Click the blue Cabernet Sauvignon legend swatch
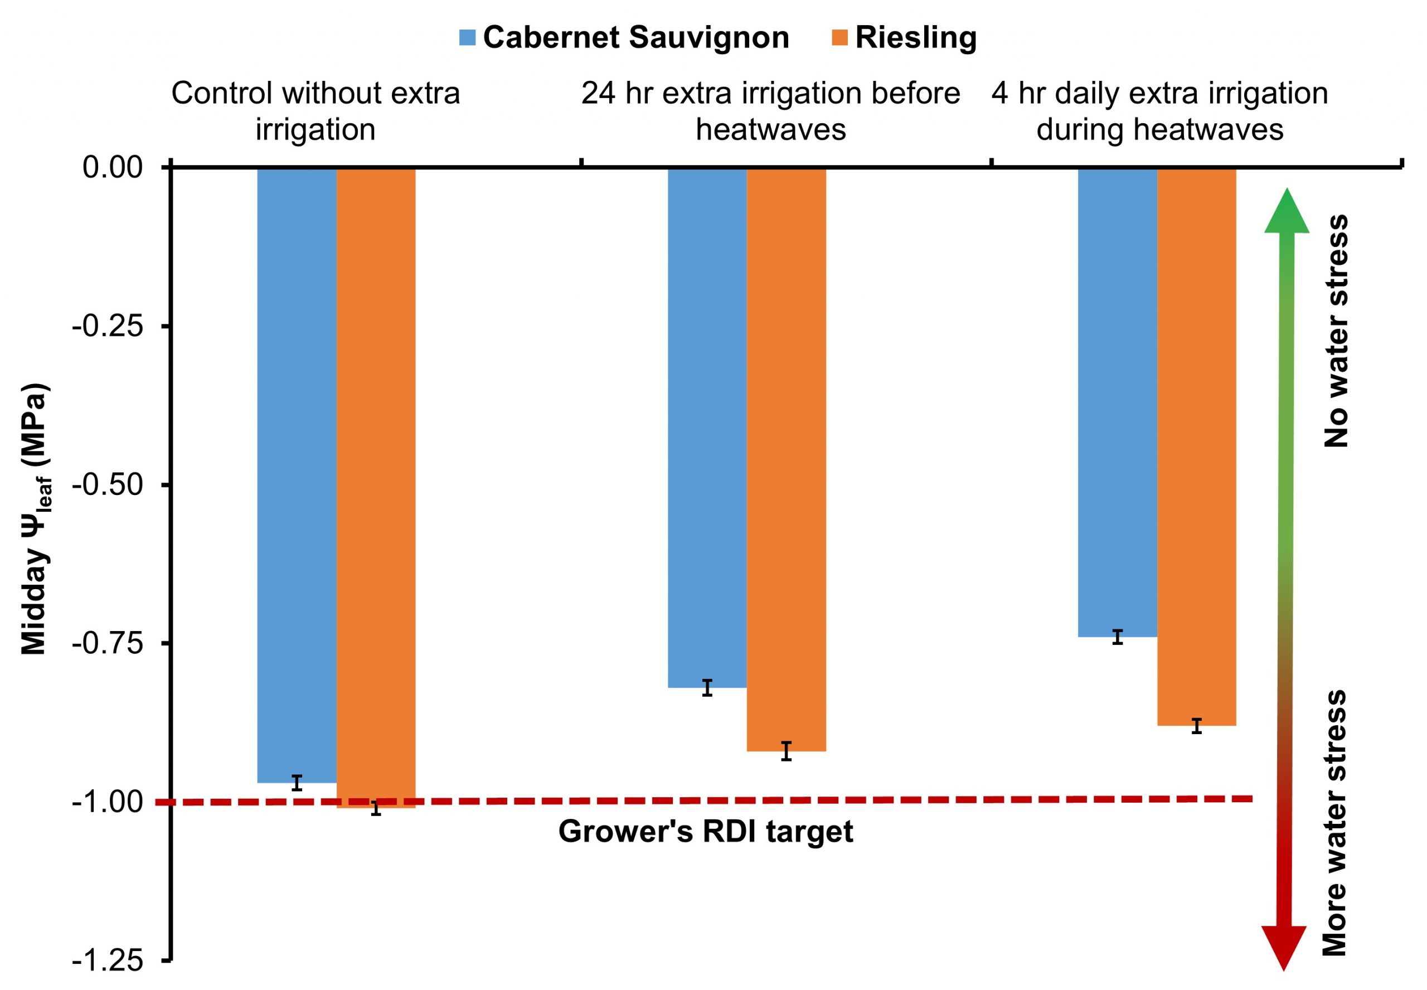pyautogui.click(x=467, y=37)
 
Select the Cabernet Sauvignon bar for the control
pyautogui.click(x=297, y=474)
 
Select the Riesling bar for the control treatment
pyautogui.click(x=376, y=487)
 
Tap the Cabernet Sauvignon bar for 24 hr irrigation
pyautogui.click(x=707, y=428)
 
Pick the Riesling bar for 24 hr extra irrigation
pyautogui.click(x=786, y=459)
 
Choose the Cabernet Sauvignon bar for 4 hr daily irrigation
pyautogui.click(x=1117, y=403)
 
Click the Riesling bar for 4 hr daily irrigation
pyautogui.click(x=1196, y=447)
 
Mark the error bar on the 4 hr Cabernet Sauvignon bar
pyautogui.click(x=1117, y=637)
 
